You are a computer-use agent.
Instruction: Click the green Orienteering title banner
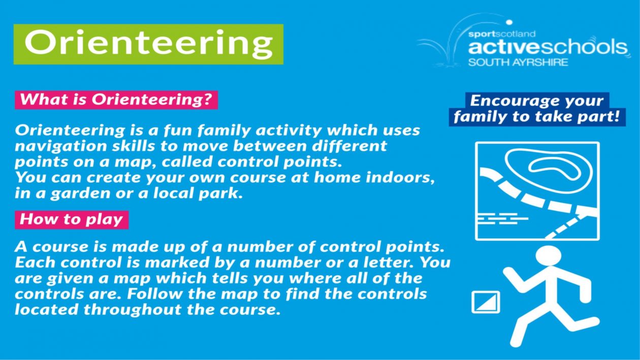pyautogui.click(x=148, y=44)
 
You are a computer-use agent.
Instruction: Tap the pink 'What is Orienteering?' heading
pyautogui.click(x=116, y=100)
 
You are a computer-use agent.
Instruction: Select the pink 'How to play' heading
pyautogui.click(x=72, y=220)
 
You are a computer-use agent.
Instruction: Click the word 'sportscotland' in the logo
pyautogui.click(x=502, y=35)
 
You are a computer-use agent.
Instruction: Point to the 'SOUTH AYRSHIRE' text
pyautogui.click(x=518, y=62)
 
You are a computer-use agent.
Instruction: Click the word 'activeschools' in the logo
pyautogui.click(x=548, y=47)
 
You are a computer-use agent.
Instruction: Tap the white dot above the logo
pyautogui.click(x=509, y=22)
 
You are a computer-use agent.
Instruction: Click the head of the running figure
pyautogui.click(x=548, y=255)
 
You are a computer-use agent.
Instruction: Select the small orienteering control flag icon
pyautogui.click(x=486, y=302)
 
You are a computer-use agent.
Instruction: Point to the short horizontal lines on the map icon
pyautogui.click(x=503, y=218)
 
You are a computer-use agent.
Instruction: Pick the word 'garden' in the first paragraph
pyautogui.click(x=81, y=194)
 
